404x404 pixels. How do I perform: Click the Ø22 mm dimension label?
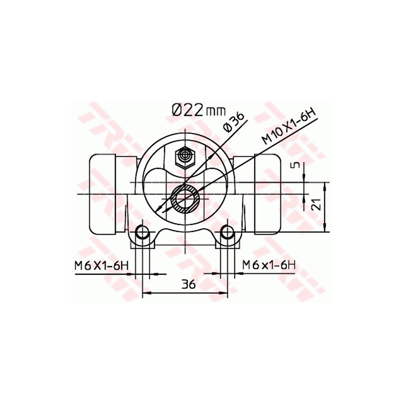click(197, 110)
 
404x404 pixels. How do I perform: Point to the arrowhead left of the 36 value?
click(146, 292)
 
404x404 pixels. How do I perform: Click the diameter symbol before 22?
click(177, 110)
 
